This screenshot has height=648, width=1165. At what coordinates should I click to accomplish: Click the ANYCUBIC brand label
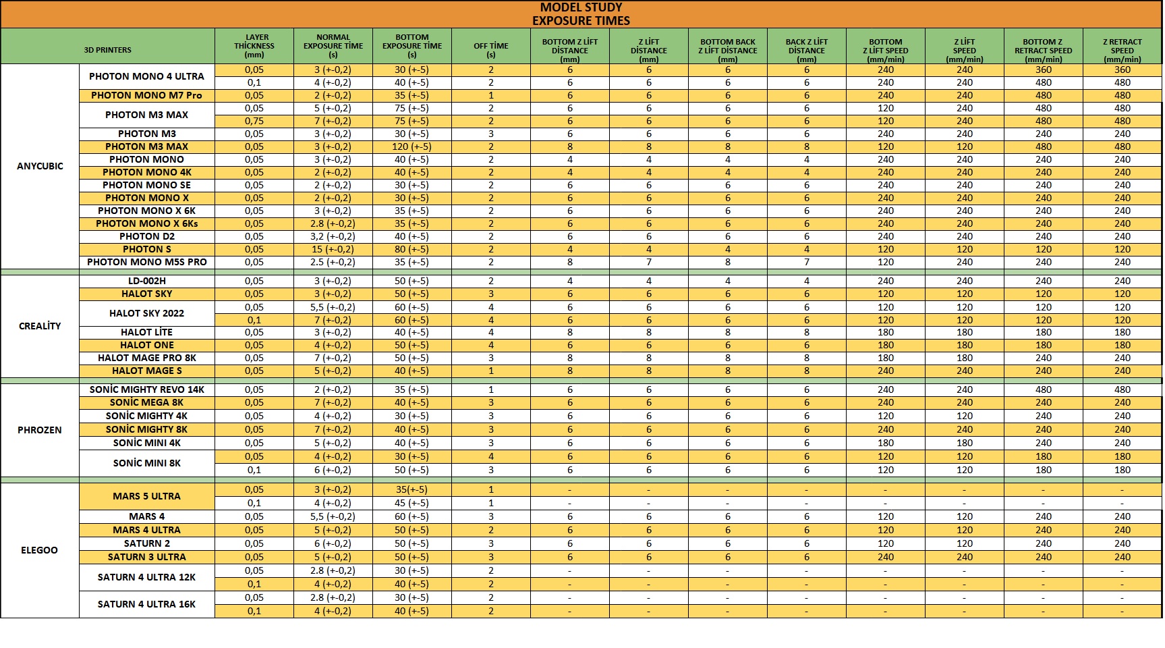click(x=40, y=166)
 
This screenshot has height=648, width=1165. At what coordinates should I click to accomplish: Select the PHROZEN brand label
click(x=40, y=430)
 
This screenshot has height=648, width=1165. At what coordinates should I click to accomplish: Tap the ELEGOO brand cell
click(x=40, y=550)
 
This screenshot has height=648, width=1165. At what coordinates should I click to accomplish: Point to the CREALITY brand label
click(x=40, y=326)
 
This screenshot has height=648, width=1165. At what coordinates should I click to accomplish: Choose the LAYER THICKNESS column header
click(x=254, y=46)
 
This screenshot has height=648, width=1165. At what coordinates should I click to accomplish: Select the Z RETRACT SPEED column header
click(x=1122, y=50)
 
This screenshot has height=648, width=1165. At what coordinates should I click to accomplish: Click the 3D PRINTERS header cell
click(x=108, y=50)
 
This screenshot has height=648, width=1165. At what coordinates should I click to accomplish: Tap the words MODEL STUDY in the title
click(x=581, y=7)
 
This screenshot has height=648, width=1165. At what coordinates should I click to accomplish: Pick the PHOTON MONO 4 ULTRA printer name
click(x=146, y=76)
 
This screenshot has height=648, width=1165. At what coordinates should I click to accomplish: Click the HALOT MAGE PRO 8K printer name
click(x=146, y=358)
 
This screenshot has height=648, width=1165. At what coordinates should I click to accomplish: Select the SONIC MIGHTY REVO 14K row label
click(x=146, y=389)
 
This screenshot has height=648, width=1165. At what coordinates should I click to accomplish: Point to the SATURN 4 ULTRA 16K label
click(x=146, y=604)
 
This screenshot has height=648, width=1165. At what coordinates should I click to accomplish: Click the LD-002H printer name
click(x=146, y=281)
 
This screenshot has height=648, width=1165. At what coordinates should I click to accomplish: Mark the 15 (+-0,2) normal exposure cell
click(x=333, y=249)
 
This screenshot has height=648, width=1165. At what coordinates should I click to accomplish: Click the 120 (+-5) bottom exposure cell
click(x=411, y=146)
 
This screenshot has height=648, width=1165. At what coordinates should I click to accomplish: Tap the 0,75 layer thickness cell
click(x=254, y=121)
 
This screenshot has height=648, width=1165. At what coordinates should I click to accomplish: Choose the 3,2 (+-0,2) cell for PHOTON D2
click(x=333, y=236)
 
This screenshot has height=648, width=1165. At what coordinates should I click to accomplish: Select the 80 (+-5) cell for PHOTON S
click(x=411, y=249)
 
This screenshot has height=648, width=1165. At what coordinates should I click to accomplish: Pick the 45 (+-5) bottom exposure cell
click(x=411, y=503)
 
